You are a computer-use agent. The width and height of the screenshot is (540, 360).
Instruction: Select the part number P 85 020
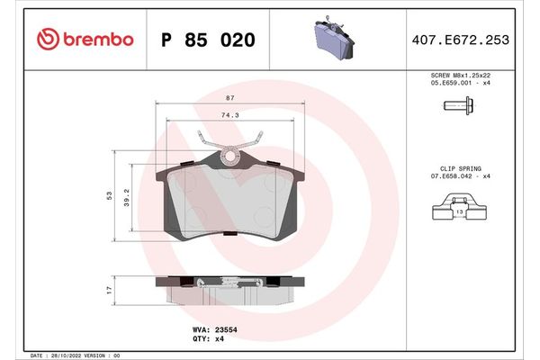pyautogui.click(x=207, y=40)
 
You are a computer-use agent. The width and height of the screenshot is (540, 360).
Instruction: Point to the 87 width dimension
pyautogui.click(x=231, y=97)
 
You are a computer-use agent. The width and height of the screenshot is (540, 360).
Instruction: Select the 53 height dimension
pyautogui.click(x=108, y=195)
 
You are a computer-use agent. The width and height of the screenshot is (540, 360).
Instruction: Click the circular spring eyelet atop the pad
pyautogui.click(x=231, y=158)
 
